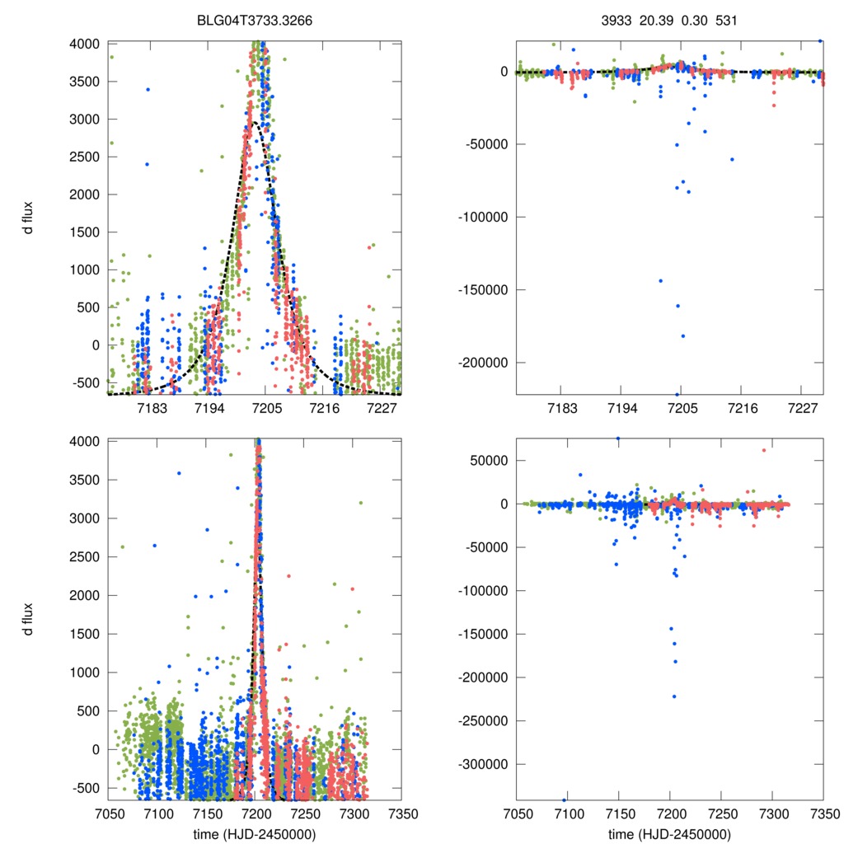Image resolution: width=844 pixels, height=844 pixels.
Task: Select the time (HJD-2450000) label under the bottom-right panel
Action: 669,834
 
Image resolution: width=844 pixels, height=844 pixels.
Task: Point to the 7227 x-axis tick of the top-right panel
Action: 803,409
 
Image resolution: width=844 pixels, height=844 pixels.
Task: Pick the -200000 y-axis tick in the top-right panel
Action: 482,363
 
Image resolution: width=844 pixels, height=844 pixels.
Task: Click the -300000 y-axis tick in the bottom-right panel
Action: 482,764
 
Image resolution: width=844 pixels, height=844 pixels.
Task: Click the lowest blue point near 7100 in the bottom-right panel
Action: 565,799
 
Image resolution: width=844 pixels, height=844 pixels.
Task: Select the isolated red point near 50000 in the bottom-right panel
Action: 764,450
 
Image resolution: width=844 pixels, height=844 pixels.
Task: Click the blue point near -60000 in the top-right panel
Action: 731,159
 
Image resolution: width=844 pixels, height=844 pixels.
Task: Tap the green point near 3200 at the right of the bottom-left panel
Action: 360,503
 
